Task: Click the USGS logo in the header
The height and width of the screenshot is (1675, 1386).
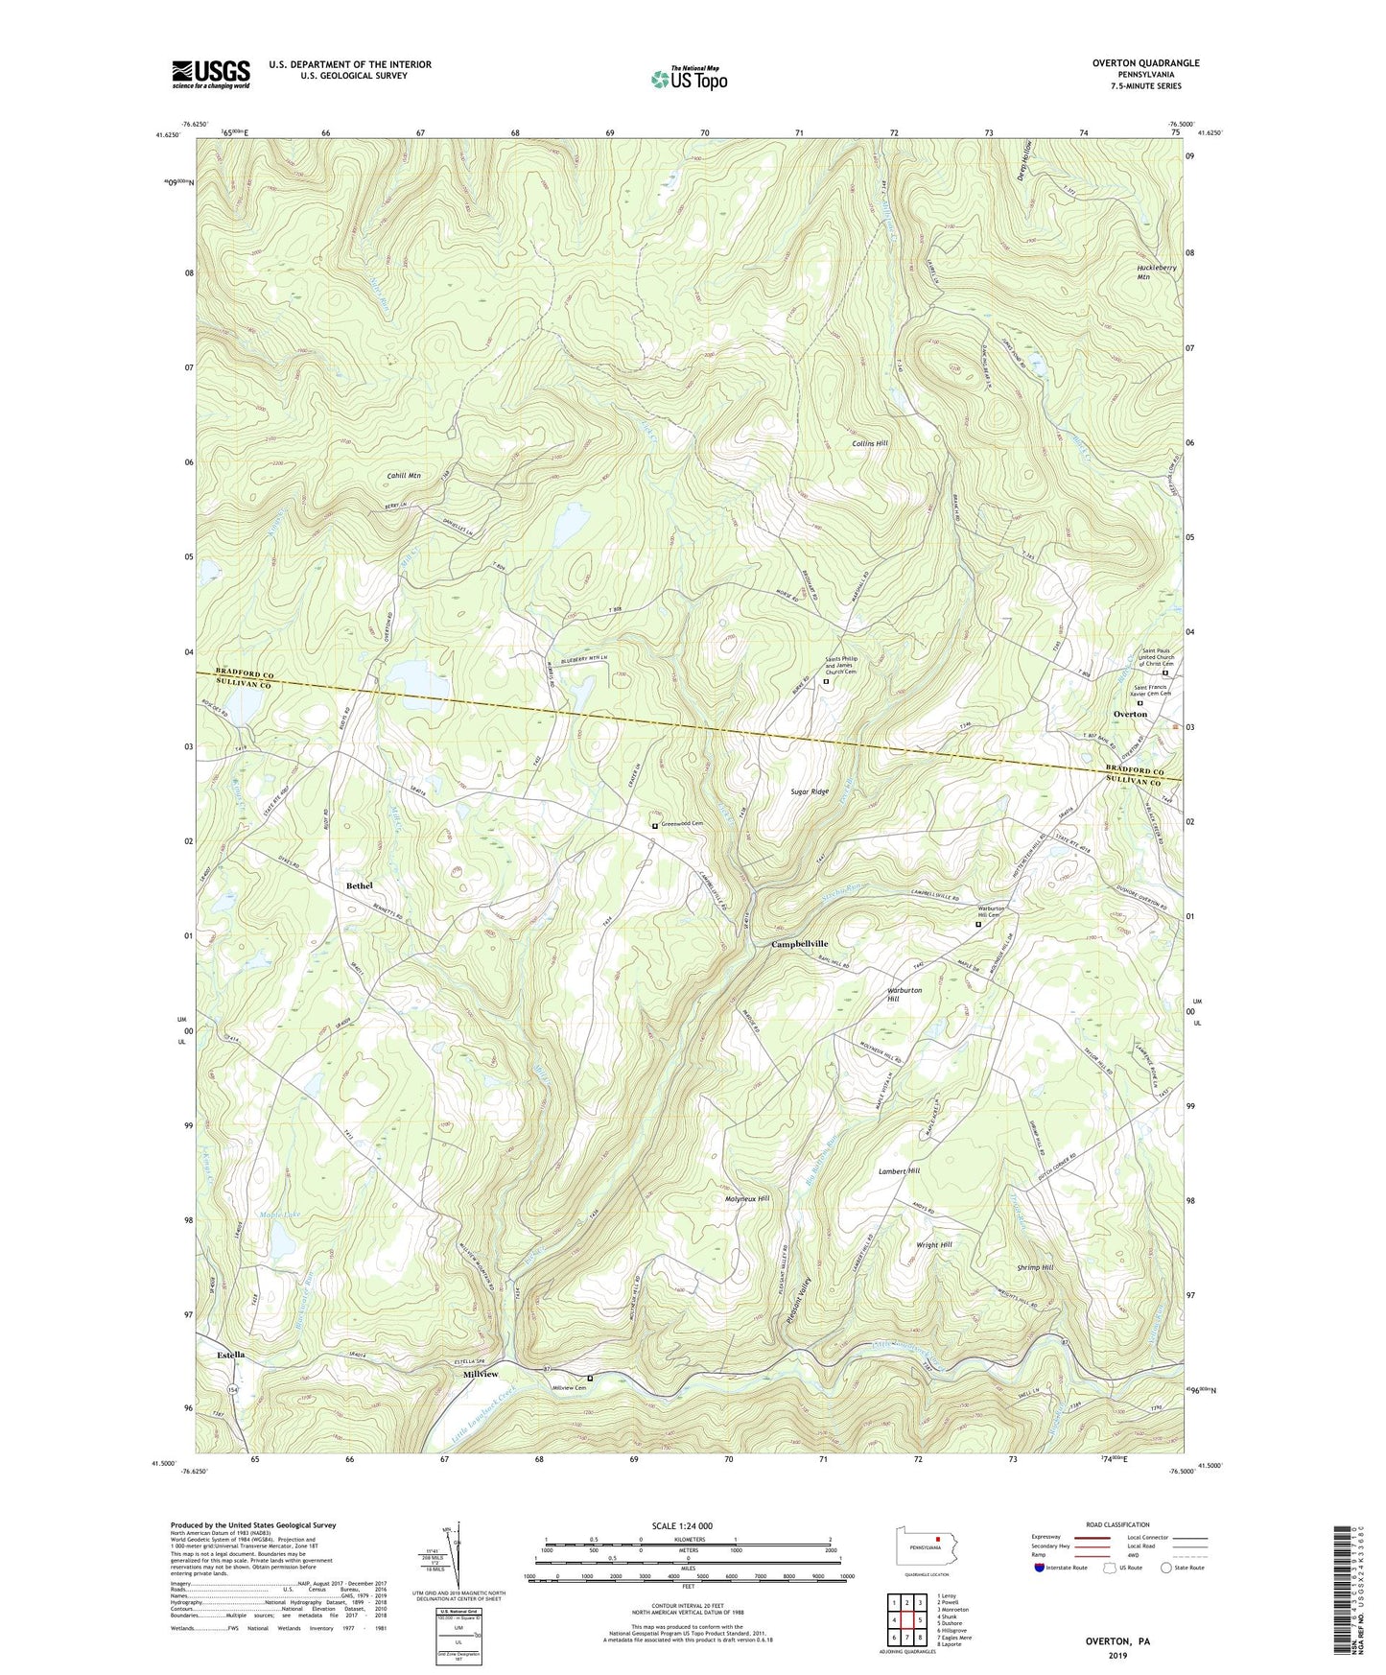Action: coord(211,73)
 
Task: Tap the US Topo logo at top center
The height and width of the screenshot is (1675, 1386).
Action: coord(689,79)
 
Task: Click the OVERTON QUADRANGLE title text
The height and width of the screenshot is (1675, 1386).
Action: coord(1145,63)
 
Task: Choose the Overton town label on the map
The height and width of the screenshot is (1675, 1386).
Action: coord(1130,715)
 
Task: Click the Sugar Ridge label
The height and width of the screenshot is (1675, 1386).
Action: coord(810,791)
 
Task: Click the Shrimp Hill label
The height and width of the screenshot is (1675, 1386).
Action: coord(1035,1267)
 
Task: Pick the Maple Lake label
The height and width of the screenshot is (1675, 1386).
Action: coord(278,1216)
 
